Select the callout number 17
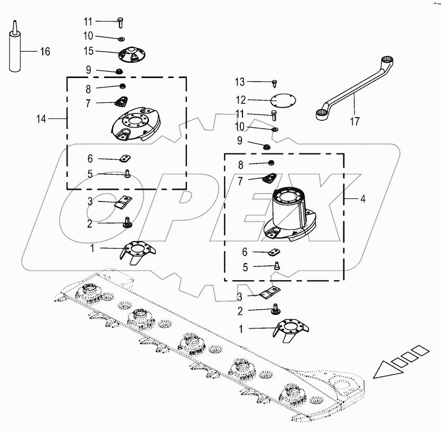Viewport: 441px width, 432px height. pyautogui.click(x=354, y=121)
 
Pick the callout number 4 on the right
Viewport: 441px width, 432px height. pyautogui.click(x=362, y=199)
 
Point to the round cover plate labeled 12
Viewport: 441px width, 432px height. pyautogui.click(x=283, y=101)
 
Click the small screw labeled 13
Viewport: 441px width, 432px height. pyautogui.click(x=275, y=82)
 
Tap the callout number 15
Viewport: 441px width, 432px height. pyautogui.click(x=88, y=51)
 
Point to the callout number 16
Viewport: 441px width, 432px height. pyautogui.click(x=45, y=51)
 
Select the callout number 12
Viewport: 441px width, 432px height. pyautogui.click(x=241, y=100)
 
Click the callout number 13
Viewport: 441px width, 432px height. pyautogui.click(x=240, y=82)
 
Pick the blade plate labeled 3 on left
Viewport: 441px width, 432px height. pyautogui.click(x=124, y=201)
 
